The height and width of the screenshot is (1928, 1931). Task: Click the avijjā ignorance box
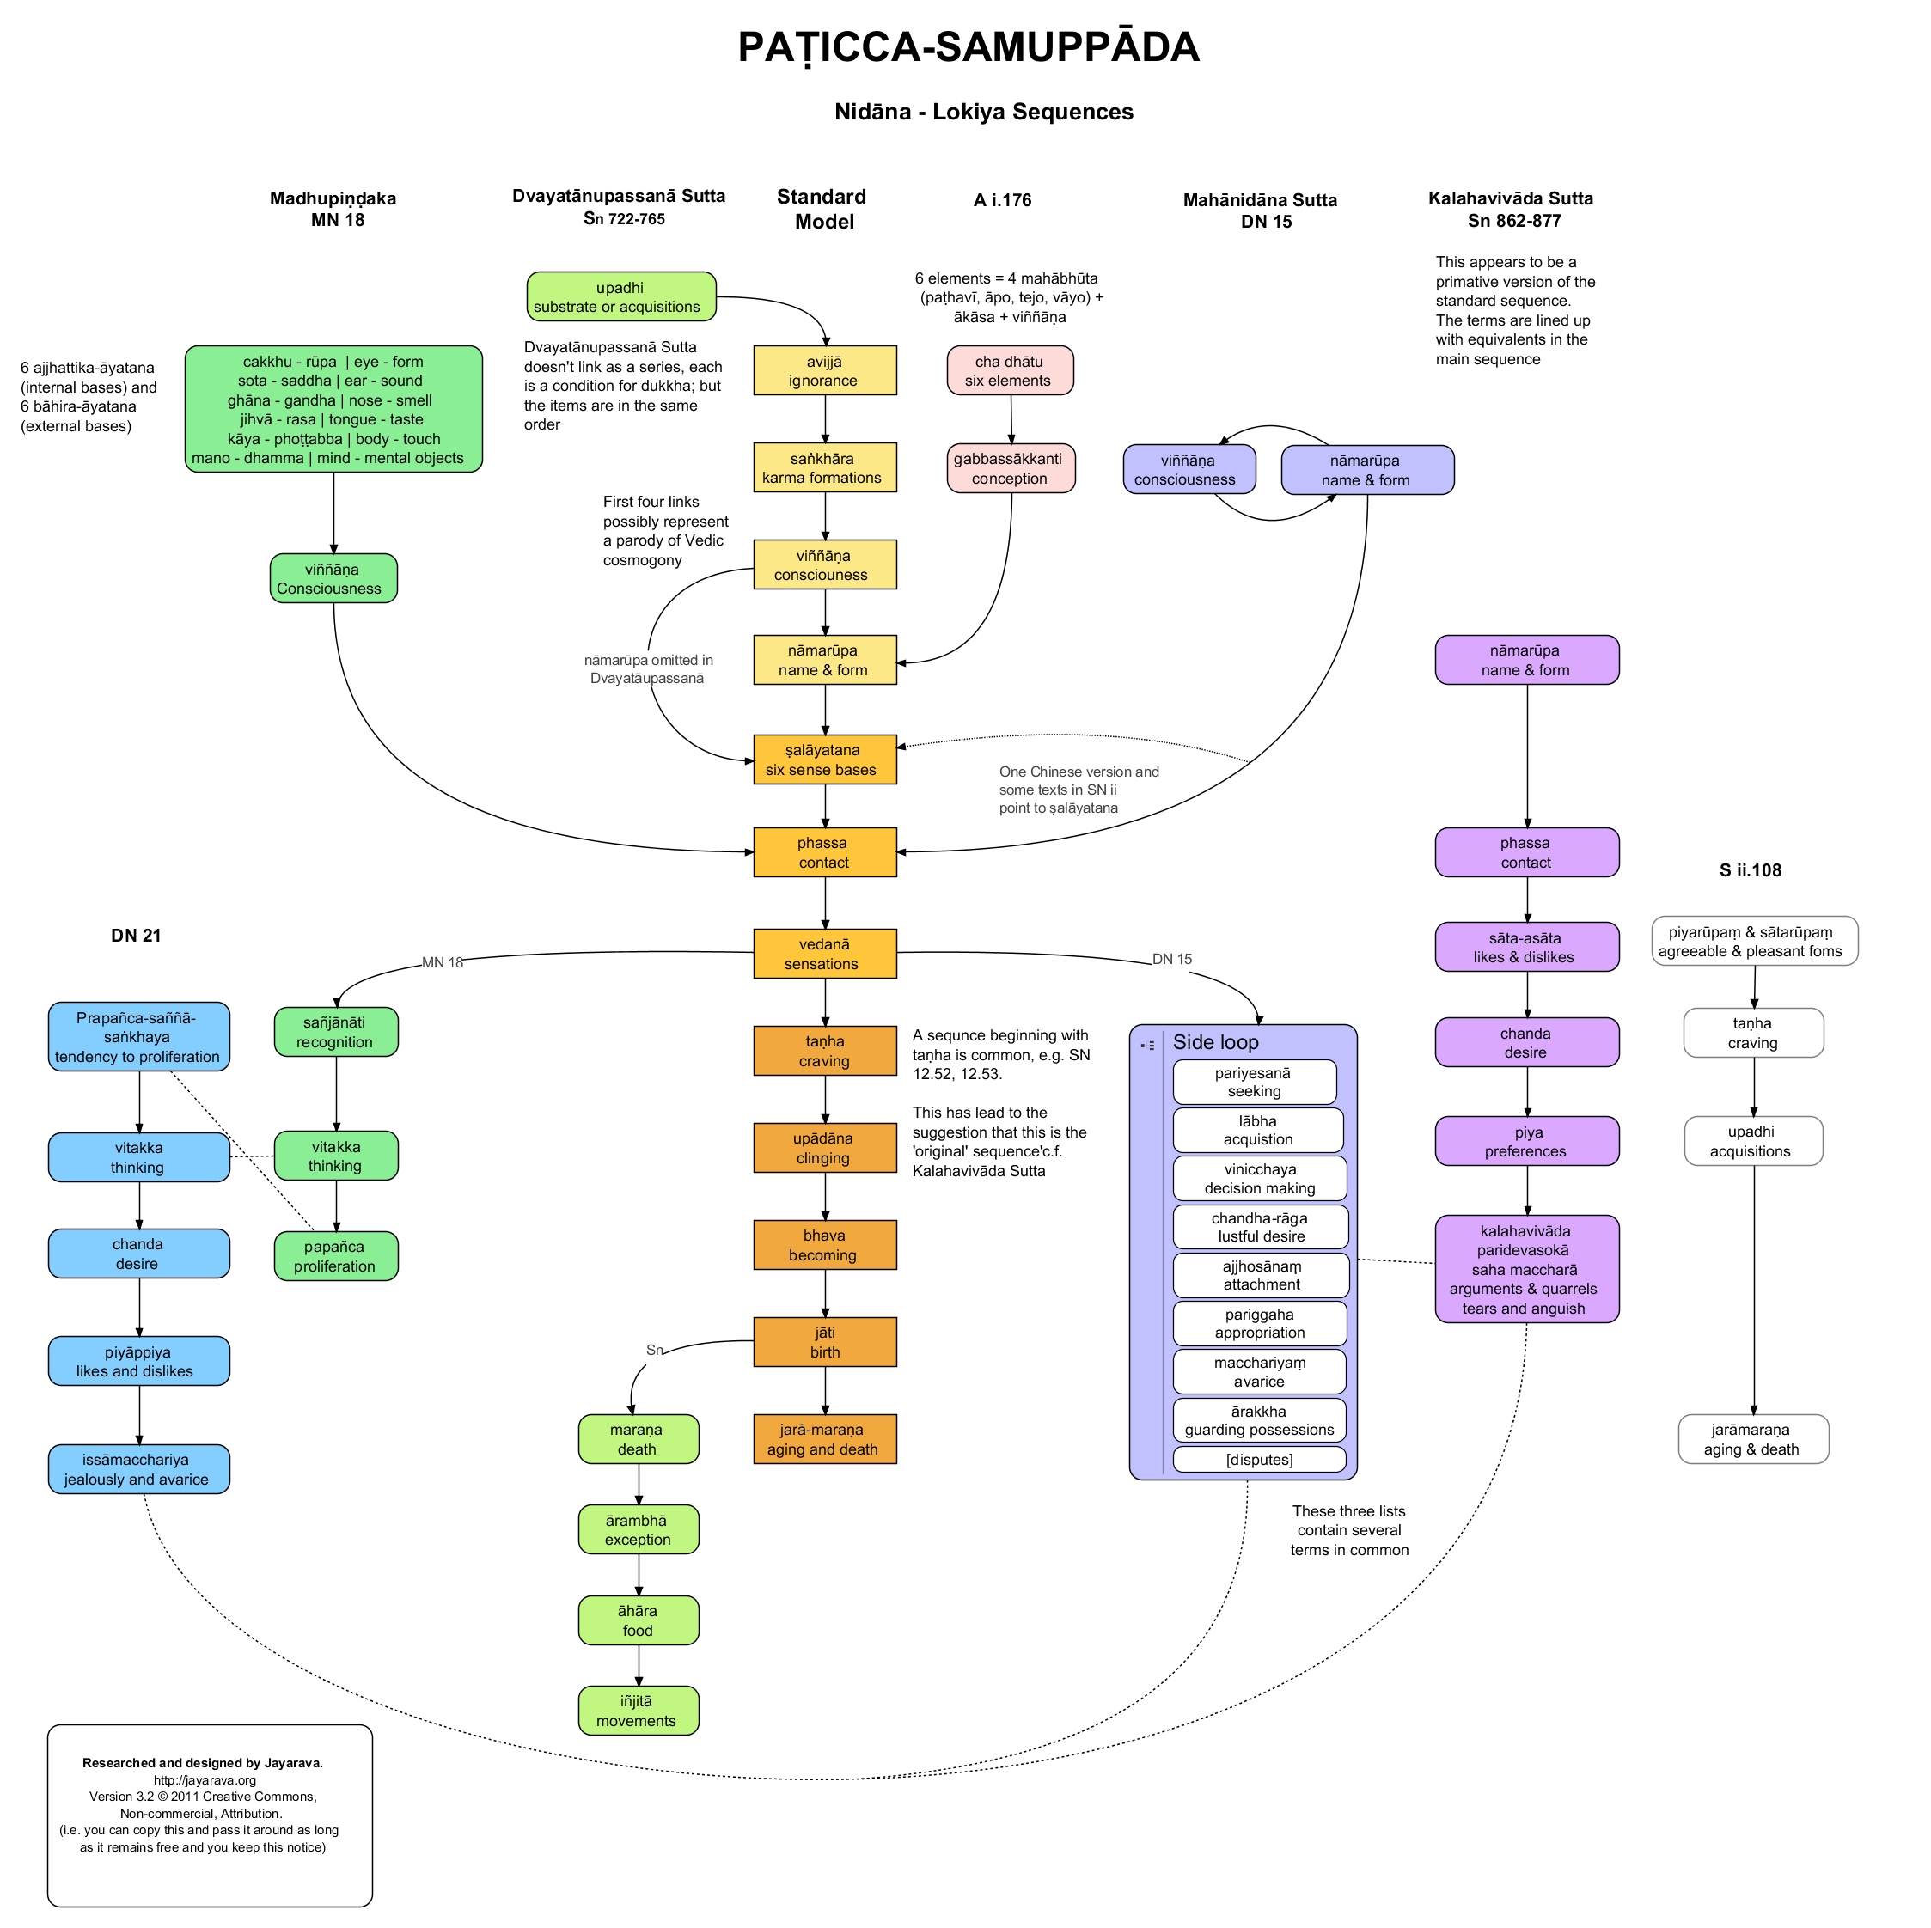pos(825,371)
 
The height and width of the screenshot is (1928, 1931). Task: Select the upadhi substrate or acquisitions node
pos(620,296)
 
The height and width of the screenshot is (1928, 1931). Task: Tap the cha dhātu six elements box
pos(1010,371)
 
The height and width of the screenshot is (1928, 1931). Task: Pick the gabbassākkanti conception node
pos(1011,469)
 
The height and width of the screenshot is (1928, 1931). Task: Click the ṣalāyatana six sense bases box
pos(825,760)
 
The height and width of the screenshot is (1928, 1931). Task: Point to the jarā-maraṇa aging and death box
pos(825,1439)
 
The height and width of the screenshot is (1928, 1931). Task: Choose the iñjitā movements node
pos(638,1711)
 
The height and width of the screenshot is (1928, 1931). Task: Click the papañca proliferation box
pos(336,1256)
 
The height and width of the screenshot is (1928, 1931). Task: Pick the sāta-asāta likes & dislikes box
pos(1526,948)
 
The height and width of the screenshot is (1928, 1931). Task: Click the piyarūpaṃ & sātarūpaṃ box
pos(1754,942)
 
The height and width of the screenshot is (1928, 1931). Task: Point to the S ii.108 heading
pos(1750,870)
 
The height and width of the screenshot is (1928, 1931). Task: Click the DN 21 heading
pos(136,936)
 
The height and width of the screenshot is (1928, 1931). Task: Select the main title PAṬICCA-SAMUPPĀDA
pos(968,48)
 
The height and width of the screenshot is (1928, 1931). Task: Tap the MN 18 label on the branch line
pos(443,962)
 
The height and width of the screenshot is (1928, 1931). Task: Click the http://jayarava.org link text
pos(205,1780)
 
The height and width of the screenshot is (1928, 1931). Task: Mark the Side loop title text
pos(1215,1042)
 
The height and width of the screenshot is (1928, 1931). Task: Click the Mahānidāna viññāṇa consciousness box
pos(1189,470)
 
